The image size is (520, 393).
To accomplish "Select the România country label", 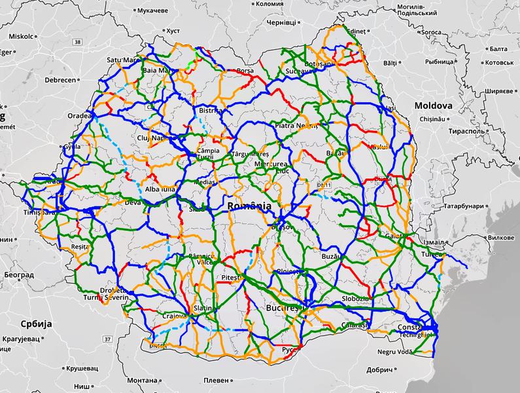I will click(249, 206).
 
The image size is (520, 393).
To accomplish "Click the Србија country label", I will click(35, 324).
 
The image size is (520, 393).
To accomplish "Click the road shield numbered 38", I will click(78, 43).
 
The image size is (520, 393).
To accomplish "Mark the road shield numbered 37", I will click(107, 339).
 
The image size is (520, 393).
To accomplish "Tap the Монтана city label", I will click(142, 381).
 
